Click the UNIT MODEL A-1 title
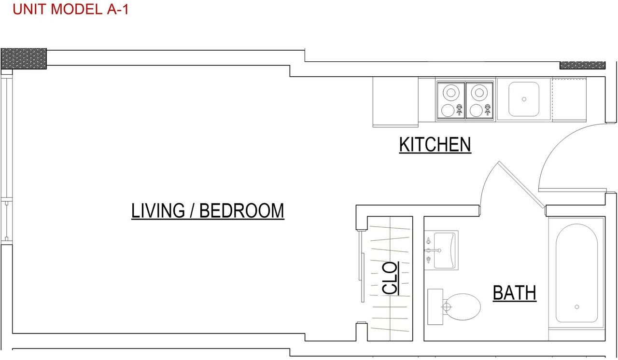[x=70, y=9]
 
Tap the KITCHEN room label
[x=435, y=144]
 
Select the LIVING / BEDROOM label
[x=208, y=211]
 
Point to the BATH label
[x=515, y=293]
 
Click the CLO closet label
[x=390, y=278]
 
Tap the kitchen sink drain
[x=524, y=99]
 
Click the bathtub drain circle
[x=576, y=307]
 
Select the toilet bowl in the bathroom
[x=462, y=307]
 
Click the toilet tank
[x=435, y=307]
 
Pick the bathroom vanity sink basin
[x=445, y=250]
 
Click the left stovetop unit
[x=451, y=100]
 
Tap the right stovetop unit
[x=479, y=100]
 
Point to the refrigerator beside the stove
[x=395, y=102]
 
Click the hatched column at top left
[x=24, y=59]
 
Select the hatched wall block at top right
[x=582, y=65]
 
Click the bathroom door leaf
[x=522, y=185]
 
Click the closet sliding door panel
[x=361, y=266]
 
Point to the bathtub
[x=576, y=273]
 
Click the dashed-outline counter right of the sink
[x=569, y=99]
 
